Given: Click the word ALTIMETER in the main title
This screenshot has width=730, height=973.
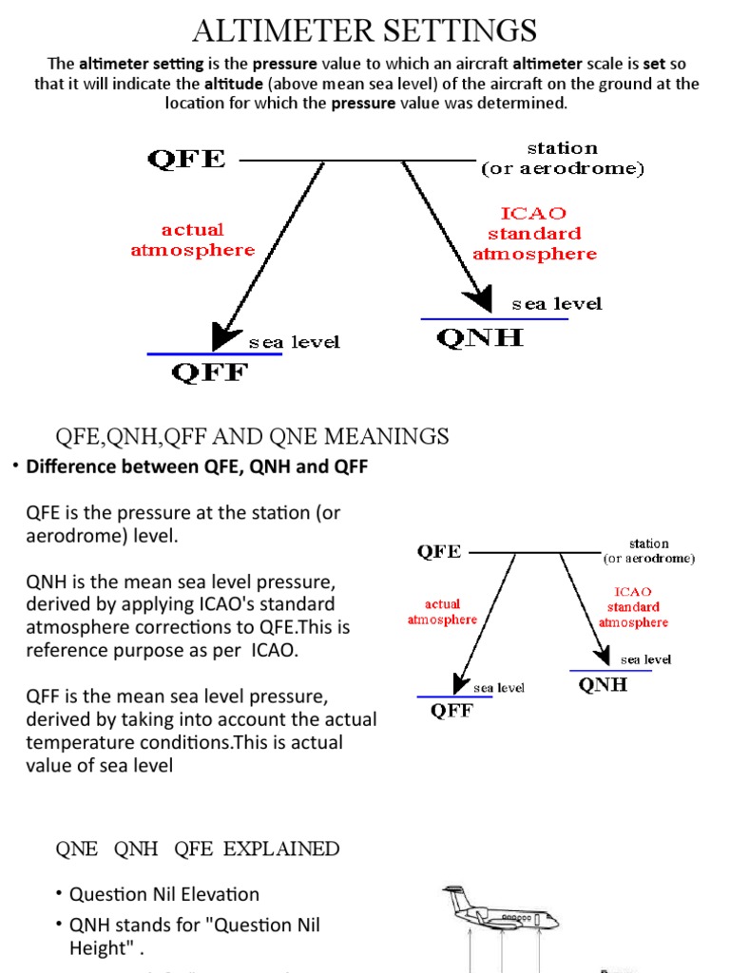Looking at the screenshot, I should click(277, 30).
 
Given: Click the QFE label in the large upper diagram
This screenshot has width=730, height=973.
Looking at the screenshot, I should click(186, 159).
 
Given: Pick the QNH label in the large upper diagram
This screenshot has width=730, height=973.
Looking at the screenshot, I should click(479, 337).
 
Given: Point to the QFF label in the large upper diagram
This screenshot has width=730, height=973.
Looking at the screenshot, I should click(209, 372).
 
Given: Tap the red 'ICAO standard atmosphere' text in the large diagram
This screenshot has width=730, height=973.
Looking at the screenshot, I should click(534, 234).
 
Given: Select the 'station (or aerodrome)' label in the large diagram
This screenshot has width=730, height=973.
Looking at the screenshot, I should click(563, 159).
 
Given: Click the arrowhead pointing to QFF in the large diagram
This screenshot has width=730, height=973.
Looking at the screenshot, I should click(226, 335).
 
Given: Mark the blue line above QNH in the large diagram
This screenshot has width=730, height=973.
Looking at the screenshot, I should click(494, 319).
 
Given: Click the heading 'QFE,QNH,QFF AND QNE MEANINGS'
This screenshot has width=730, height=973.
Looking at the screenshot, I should click(252, 436).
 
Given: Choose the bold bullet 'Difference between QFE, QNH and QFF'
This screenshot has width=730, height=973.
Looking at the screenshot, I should click(197, 467).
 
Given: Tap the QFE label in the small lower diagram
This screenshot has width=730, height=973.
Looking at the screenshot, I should click(439, 551).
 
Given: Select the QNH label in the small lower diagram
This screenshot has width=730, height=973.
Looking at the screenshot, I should click(603, 685).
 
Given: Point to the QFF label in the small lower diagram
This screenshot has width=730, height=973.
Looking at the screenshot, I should click(451, 711).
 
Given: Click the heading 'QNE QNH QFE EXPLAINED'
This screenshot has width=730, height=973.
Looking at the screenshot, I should click(198, 849).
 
